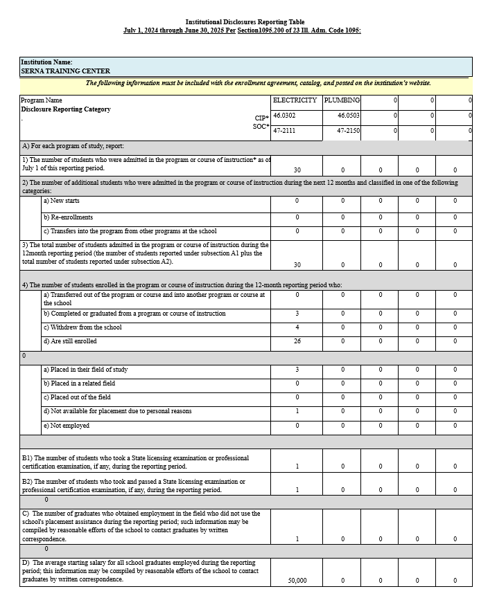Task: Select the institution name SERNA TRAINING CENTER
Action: tap(65, 71)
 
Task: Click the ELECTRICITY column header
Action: tap(295, 100)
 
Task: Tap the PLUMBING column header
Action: tap(342, 100)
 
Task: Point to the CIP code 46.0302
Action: tap(284, 116)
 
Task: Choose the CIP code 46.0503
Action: tap(349, 116)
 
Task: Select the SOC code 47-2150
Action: tap(349, 130)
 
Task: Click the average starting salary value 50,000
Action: tap(297, 580)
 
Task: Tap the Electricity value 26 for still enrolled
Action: tap(297, 341)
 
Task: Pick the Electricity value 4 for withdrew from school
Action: tap(297, 327)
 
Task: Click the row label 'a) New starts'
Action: tap(61, 201)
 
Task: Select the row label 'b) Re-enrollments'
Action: tap(68, 217)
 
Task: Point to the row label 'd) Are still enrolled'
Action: tap(70, 341)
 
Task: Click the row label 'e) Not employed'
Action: tap(67, 426)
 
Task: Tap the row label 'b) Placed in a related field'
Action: tap(79, 383)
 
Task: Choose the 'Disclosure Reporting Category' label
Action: tap(66, 109)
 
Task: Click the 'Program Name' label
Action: tap(42, 100)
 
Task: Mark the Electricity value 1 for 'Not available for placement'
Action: tap(297, 411)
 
